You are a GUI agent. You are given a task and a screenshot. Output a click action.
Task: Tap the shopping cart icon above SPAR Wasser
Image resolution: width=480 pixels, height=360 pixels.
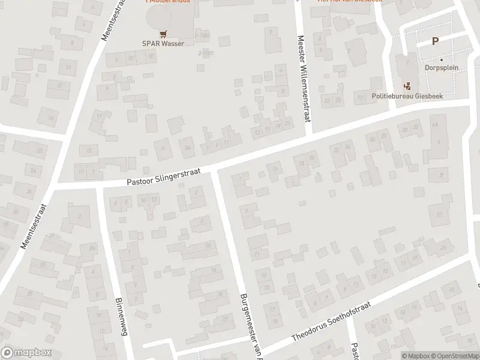(x=163, y=34)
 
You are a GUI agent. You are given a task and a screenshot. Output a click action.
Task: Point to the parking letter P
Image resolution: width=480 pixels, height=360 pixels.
(x=435, y=41)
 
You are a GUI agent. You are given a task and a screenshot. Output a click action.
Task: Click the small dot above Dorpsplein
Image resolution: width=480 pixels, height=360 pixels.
(x=441, y=59)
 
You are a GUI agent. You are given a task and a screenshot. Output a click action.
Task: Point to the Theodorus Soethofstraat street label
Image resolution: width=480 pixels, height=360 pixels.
(x=331, y=322)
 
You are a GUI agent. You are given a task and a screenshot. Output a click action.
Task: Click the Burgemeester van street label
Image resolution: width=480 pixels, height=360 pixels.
(x=250, y=324)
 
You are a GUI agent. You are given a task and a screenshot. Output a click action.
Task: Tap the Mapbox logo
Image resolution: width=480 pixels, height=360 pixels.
(x=26, y=353)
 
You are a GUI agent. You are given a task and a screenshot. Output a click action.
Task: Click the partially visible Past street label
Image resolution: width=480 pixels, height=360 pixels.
(x=355, y=351)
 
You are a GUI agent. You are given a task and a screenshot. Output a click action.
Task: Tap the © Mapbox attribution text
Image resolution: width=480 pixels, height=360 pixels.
(x=416, y=356)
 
